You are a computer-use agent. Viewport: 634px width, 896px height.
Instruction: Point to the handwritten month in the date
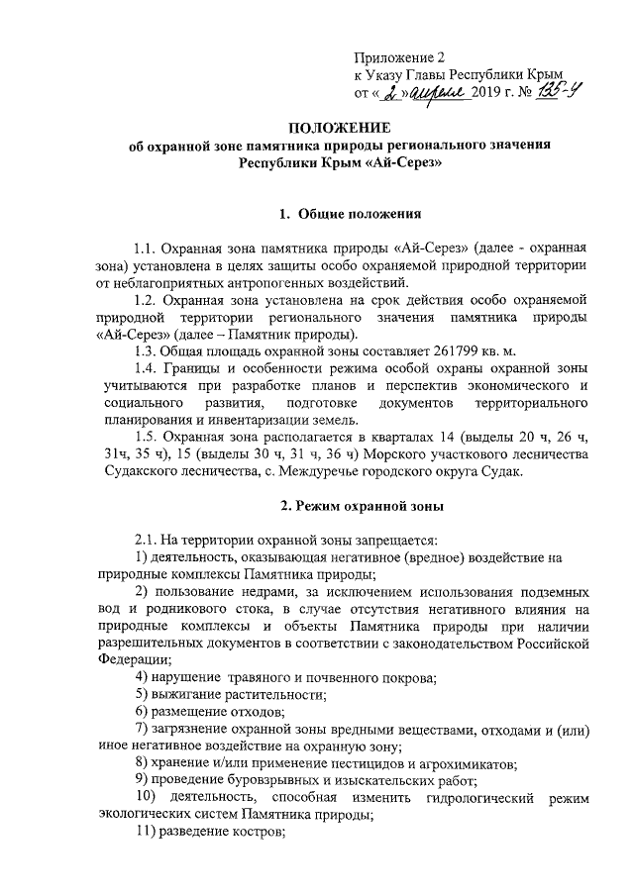pyautogui.click(x=433, y=93)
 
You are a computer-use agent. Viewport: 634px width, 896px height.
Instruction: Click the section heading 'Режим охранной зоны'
pyautogui.click(x=362, y=506)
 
